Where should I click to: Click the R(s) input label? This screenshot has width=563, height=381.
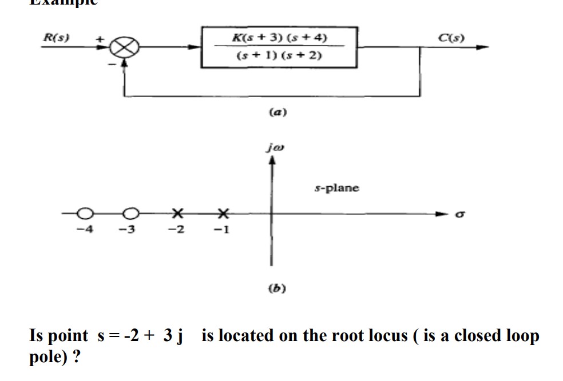pos(56,38)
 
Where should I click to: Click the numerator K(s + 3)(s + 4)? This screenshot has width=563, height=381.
pos(279,38)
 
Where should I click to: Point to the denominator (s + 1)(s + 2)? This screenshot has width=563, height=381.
pos(279,56)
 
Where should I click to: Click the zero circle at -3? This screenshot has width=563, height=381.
pos(130,214)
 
